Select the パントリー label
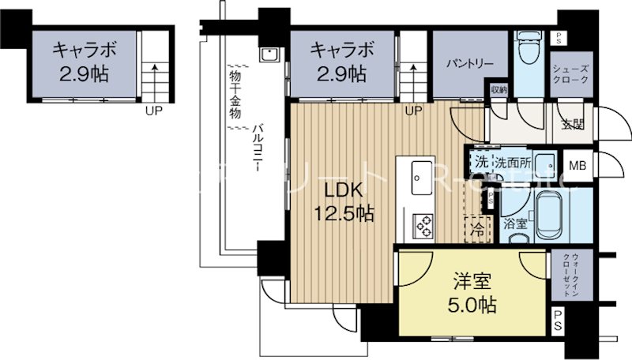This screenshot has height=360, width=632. coord(468,62)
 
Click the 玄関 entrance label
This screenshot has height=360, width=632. coord(573,123)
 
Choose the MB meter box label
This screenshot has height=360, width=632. coord(578,166)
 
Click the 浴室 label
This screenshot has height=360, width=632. coord(516,223)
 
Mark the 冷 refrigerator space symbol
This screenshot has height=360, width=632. coord(478,231)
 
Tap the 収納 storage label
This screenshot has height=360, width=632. coord(498,89)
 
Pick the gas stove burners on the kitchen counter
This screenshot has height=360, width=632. coord(419,226)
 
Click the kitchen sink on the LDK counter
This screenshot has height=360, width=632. coord(419,175)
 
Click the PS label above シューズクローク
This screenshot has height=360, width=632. coord(559,38)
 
